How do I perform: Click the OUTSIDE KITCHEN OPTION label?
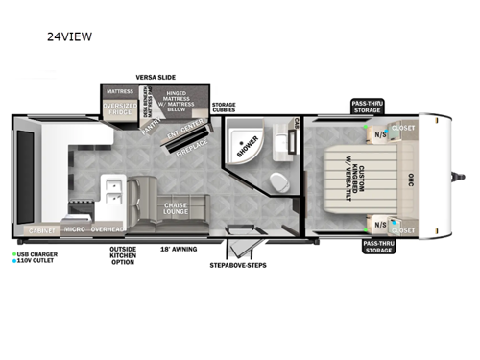(x=123, y=256)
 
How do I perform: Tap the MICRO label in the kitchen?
(x=74, y=230)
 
